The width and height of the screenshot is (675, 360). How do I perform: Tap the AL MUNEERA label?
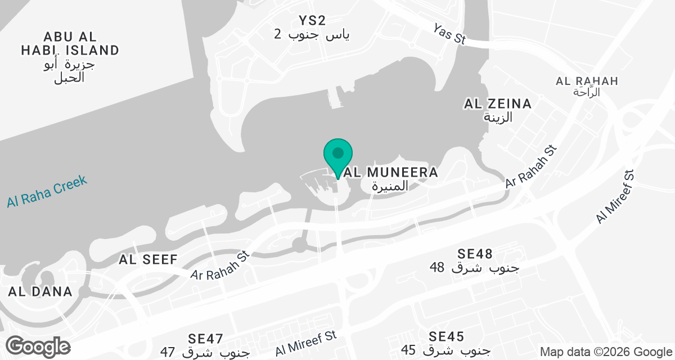(x=394, y=173)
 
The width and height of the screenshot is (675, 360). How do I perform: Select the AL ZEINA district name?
(x=497, y=104)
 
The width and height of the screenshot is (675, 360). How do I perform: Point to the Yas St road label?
(x=451, y=34)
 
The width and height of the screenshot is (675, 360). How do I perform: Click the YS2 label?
(x=312, y=21)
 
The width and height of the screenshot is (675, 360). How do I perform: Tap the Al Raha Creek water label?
(x=47, y=191)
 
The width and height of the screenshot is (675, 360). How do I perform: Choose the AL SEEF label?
(x=148, y=259)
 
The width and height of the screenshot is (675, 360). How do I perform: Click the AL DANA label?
(x=40, y=291)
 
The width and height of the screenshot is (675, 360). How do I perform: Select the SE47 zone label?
(x=206, y=339)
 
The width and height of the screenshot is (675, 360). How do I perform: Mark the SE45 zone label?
(x=446, y=336)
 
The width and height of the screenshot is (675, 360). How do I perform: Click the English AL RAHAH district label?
(x=587, y=81)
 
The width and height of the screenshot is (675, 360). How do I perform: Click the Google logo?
(x=38, y=346)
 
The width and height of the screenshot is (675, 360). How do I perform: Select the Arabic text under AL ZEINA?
(x=497, y=118)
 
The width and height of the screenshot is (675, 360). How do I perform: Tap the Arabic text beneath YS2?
(x=312, y=35)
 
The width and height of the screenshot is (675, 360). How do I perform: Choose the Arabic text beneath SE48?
(x=474, y=267)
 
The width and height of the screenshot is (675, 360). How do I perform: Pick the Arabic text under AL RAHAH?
(x=587, y=92)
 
